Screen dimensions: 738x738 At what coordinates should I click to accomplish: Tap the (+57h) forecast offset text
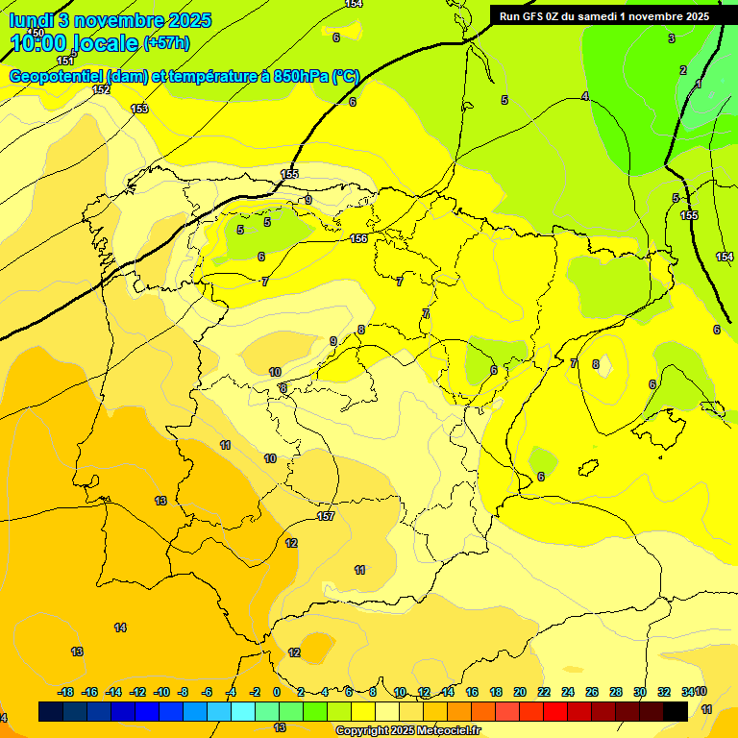pyautogui.click(x=166, y=42)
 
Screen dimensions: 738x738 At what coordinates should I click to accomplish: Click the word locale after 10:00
pyautogui.click(x=105, y=42)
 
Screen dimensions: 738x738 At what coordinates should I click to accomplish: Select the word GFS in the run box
pyautogui.click(x=536, y=16)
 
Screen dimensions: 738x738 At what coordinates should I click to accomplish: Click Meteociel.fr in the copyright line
pyautogui.click(x=444, y=731)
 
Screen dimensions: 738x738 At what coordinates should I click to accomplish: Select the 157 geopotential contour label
pyautogui.click(x=326, y=516)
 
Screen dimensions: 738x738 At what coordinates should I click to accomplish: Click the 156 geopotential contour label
pyautogui.click(x=358, y=238)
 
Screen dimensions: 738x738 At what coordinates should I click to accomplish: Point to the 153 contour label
pyautogui.click(x=139, y=109)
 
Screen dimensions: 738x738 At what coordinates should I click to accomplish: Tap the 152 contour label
pyautogui.click(x=101, y=89)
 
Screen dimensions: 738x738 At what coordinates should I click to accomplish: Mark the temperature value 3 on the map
pyautogui.click(x=672, y=38)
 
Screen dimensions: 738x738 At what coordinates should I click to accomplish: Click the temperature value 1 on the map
pyautogui.click(x=699, y=85)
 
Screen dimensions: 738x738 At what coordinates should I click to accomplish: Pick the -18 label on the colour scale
pyautogui.click(x=66, y=692)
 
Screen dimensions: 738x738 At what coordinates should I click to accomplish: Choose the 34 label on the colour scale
pyautogui.click(x=687, y=692)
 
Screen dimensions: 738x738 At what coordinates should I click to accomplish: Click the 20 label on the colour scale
pyautogui.click(x=519, y=692)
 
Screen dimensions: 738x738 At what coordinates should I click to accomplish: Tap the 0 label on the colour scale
pyautogui.click(x=277, y=692)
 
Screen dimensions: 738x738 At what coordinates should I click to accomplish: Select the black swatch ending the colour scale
pyautogui.click(x=676, y=711)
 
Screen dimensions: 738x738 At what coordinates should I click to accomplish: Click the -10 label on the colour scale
pyautogui.click(x=161, y=692)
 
